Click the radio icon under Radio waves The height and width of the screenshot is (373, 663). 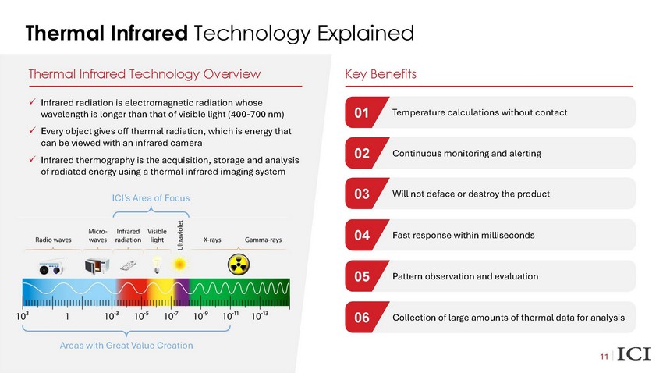click(x=51, y=267)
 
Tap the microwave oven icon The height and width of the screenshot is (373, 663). click(x=97, y=266)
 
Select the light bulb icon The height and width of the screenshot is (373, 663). click(x=157, y=265)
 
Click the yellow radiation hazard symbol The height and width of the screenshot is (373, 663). click(x=239, y=265)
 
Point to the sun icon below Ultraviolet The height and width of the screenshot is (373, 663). click(x=179, y=265)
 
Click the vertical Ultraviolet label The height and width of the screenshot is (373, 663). click(x=180, y=235)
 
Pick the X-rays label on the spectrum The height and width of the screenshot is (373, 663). click(x=212, y=240)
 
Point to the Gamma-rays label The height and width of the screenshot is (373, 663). click(x=263, y=240)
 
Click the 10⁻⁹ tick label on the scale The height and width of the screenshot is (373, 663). click(x=200, y=316)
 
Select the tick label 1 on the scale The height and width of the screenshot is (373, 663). click(x=67, y=316)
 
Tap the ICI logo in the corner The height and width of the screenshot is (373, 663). click(x=634, y=354)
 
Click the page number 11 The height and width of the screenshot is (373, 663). click(x=604, y=357)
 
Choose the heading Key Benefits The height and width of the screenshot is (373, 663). click(x=381, y=74)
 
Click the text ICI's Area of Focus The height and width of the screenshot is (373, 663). click(x=151, y=198)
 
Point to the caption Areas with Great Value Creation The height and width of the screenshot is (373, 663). click(x=126, y=346)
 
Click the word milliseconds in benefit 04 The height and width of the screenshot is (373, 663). click(x=509, y=235)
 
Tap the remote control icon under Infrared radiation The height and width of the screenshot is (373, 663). click(x=128, y=265)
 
